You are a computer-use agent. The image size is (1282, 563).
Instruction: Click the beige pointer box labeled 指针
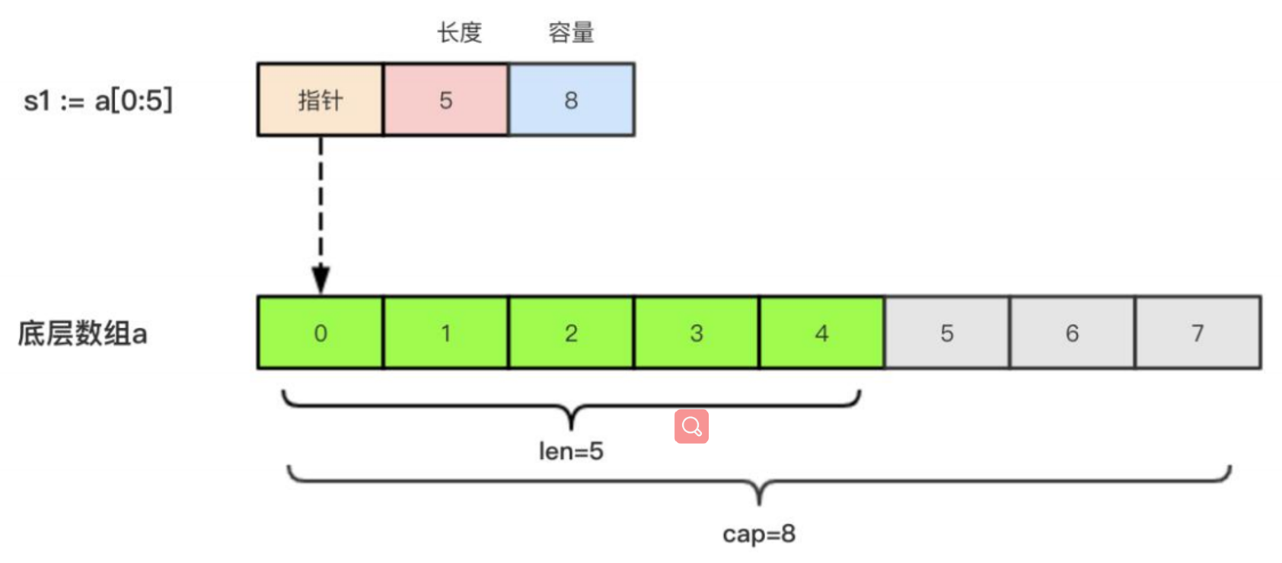[320, 100]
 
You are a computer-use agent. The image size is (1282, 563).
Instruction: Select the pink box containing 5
[446, 100]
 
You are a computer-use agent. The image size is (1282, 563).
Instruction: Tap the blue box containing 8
[571, 100]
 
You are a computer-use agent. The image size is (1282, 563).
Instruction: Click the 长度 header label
[459, 33]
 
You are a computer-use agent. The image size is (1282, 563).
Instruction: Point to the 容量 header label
[571, 33]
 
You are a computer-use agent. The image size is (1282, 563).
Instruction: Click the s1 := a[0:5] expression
[98, 100]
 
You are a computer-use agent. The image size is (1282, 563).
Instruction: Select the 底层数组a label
[82, 333]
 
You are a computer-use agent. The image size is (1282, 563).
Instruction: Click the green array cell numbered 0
[320, 333]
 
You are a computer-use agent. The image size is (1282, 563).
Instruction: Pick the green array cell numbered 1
[446, 333]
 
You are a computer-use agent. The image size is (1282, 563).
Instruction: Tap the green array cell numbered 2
[571, 333]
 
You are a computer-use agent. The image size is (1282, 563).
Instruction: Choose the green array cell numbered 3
[696, 333]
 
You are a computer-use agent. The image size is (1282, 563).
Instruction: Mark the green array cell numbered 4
[821, 333]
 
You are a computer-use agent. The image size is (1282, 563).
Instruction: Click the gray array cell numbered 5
[946, 333]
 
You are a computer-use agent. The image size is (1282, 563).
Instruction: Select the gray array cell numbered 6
[1072, 333]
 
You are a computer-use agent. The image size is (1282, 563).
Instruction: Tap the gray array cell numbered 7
[1197, 333]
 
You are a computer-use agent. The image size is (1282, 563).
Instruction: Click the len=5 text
[571, 451]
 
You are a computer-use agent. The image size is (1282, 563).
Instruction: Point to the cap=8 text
[759, 534]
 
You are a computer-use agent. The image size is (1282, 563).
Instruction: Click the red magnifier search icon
[691, 426]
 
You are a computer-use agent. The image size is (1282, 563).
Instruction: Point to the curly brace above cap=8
[759, 482]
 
